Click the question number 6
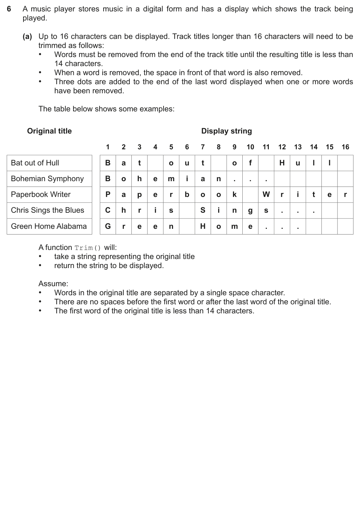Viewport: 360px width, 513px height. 9,9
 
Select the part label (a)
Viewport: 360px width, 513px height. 27,37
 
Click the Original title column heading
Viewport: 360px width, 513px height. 49,131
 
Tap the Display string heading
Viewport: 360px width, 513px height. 226,131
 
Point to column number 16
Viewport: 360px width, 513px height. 345,147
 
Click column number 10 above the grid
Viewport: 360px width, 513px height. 250,147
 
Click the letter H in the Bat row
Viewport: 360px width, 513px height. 282,163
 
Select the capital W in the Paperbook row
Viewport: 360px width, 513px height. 266,195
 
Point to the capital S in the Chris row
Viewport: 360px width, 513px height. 203,210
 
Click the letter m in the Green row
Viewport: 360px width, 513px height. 234,226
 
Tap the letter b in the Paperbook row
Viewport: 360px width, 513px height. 187,195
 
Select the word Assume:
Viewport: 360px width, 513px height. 53,284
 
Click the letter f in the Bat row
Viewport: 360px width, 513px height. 250,163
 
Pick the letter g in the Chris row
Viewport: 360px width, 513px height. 250,211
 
